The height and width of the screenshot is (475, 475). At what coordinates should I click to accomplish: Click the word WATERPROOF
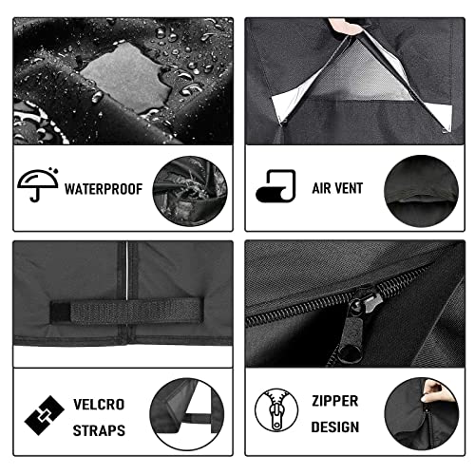tap(104, 189)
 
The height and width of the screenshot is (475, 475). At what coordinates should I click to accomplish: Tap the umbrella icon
tap(38, 184)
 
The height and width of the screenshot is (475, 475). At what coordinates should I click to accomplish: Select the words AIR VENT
tap(337, 188)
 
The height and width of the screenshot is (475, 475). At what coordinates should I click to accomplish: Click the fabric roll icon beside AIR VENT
tap(275, 186)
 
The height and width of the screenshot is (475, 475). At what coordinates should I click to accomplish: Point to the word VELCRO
tap(99, 405)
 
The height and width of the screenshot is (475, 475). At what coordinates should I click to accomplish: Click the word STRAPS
tap(99, 430)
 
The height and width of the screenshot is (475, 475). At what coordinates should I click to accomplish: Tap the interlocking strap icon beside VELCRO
tap(45, 415)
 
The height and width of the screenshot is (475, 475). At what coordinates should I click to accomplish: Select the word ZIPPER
tap(335, 401)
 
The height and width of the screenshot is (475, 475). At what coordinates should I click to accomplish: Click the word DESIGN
tap(335, 427)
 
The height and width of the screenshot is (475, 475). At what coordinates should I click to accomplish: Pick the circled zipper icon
tap(276, 409)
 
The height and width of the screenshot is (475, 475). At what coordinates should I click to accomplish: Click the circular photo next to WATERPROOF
tap(190, 191)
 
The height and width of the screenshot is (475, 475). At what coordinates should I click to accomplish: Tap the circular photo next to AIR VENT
tap(421, 191)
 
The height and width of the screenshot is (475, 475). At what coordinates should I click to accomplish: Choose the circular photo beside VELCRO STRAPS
tap(187, 414)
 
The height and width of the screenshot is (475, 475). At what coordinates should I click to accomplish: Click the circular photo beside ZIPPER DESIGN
tap(422, 413)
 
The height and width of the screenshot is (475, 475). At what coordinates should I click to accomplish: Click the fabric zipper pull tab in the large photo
tap(351, 342)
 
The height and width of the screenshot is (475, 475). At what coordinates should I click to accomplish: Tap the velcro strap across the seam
tap(126, 311)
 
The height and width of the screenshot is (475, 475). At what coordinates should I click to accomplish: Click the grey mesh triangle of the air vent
tap(358, 74)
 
